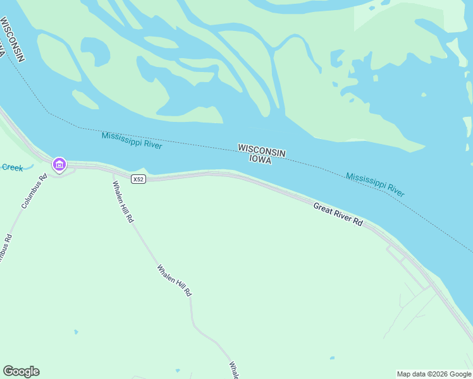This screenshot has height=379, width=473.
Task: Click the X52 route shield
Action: pos(138,179)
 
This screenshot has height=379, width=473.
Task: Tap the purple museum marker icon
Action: pos(59,165)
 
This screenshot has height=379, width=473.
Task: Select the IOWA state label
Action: pos(260,160)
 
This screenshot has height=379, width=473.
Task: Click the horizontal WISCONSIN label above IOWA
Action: pos(262,150)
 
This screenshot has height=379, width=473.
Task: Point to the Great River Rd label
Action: pos(338,214)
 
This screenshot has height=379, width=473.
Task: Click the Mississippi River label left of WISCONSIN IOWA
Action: pos(132,140)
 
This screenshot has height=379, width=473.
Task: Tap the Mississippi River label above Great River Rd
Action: pos(375,184)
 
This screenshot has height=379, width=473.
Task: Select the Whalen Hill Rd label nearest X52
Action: pos(123,202)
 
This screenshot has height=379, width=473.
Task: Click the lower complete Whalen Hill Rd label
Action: pos(174,280)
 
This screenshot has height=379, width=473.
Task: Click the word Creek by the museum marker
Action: pos(12,167)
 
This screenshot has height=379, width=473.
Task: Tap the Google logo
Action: pos(21,371)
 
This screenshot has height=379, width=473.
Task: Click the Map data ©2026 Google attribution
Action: pos(434,374)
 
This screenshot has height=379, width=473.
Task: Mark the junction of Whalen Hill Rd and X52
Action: pos(113,172)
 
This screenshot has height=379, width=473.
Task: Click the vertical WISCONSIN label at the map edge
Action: pos(12,39)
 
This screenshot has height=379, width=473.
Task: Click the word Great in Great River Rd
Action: pos(324,208)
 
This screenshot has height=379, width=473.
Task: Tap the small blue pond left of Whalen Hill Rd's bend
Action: pos(76,332)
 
